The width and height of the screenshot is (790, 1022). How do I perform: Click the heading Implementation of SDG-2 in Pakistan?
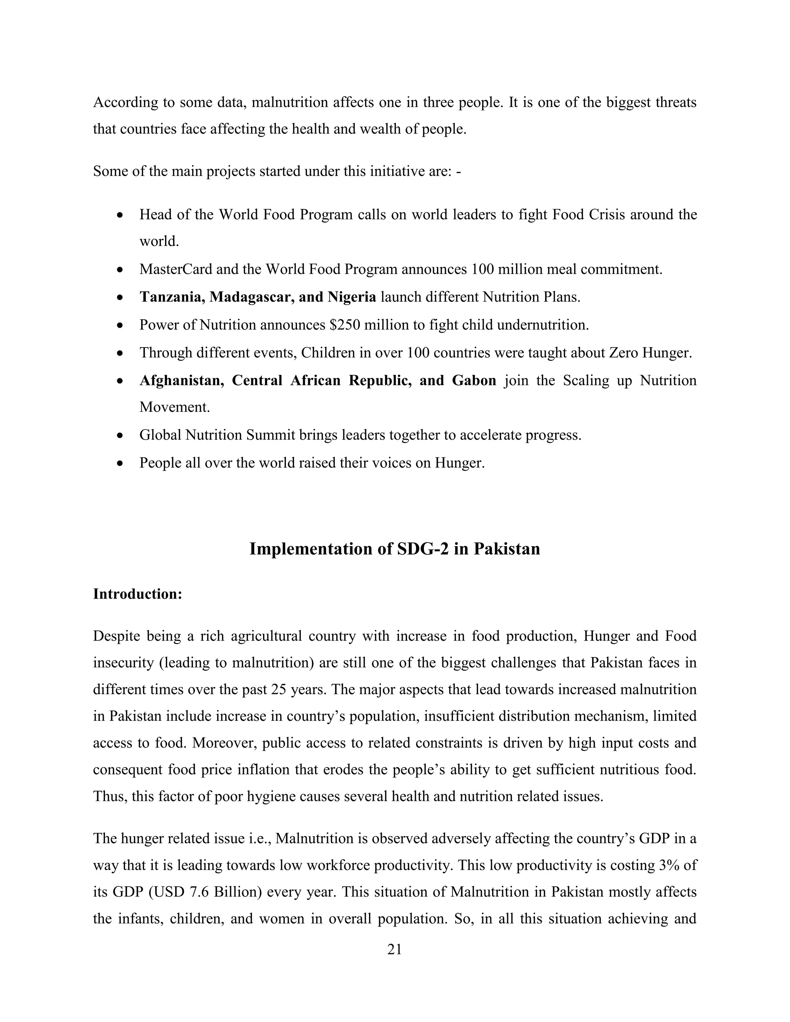pyautogui.click(x=395, y=548)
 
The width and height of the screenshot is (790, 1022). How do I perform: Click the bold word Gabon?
pyautogui.click(x=474, y=380)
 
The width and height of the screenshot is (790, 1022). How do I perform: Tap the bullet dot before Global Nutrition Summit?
pyautogui.click(x=120, y=436)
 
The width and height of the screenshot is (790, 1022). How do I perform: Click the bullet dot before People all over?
pyautogui.click(x=120, y=463)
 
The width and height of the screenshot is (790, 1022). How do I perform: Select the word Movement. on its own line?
pyautogui.click(x=175, y=407)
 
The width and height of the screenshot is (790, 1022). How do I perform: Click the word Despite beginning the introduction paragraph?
pyautogui.click(x=116, y=636)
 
